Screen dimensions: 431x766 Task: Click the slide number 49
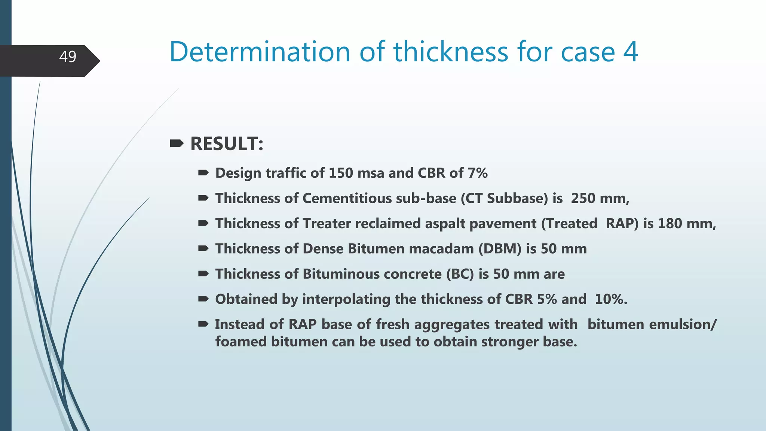68,57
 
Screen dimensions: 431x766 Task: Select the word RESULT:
227,144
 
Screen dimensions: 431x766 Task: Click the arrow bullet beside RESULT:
177,143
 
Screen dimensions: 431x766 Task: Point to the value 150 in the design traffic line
341,173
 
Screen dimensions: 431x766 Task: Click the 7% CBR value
478,173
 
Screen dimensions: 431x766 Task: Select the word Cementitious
379,198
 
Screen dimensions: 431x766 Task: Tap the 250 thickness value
583,198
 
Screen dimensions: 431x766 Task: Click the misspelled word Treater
327,223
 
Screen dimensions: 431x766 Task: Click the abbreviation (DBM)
500,249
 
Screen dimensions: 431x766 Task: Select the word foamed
240,342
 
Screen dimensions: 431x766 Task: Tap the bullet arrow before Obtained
203,299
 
